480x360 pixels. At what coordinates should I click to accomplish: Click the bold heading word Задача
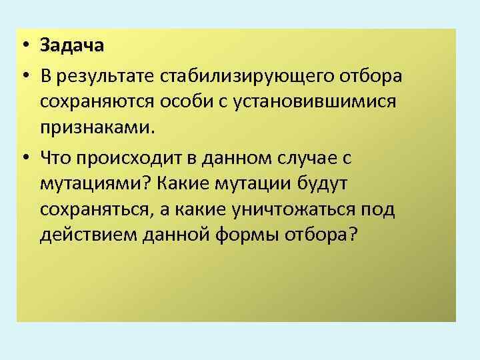click(x=72, y=46)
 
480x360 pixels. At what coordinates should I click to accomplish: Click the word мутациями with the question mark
click(x=96, y=183)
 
